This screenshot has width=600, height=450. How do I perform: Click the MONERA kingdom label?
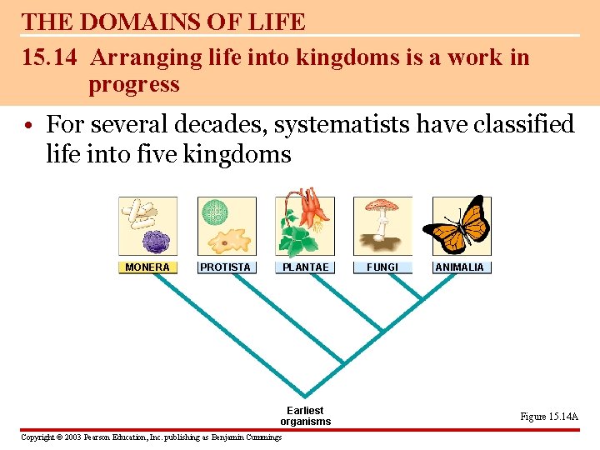147,267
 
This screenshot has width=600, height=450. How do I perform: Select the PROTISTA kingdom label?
225,267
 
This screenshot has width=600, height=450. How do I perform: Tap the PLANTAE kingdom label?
306,267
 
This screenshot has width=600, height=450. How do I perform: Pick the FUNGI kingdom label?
382,267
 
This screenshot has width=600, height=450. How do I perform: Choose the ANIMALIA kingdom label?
459,267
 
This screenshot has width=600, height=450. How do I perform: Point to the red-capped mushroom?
382,207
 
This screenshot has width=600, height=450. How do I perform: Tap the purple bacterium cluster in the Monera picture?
155,242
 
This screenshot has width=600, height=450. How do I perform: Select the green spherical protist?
216,211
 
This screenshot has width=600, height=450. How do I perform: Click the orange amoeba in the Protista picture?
225,242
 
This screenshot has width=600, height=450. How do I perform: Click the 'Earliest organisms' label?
305,416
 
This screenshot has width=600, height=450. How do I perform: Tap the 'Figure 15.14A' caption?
548,417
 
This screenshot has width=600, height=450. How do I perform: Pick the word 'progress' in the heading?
133,84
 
